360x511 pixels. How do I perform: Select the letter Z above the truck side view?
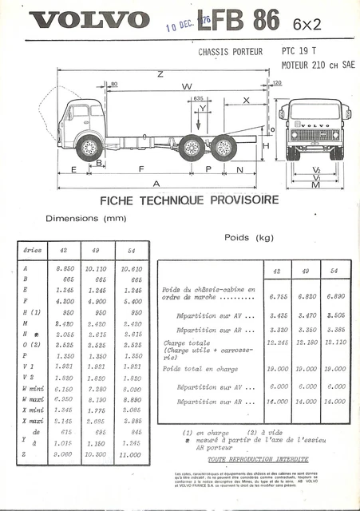point(160,73)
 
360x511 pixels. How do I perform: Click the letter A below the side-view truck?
point(156,184)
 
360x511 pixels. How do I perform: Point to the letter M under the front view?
point(316,184)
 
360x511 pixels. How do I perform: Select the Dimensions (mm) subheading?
point(86,217)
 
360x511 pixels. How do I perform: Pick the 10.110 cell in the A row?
point(95,269)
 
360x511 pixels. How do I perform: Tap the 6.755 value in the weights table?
point(275,295)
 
